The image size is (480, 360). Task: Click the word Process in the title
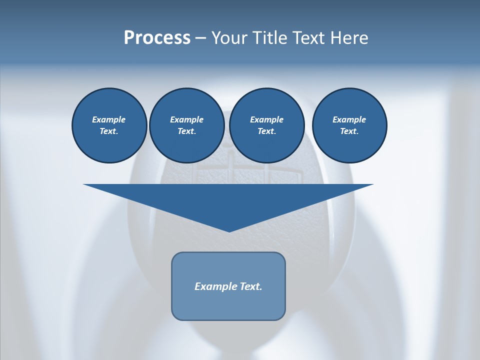(157, 38)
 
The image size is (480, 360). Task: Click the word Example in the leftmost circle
(109, 119)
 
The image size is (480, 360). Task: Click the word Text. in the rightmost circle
(349, 131)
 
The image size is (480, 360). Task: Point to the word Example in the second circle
(186, 119)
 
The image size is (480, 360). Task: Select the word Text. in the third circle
(266, 131)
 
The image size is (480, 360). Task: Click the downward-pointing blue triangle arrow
(228, 200)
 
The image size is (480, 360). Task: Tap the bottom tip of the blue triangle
(228, 230)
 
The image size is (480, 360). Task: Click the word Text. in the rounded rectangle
(251, 286)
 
